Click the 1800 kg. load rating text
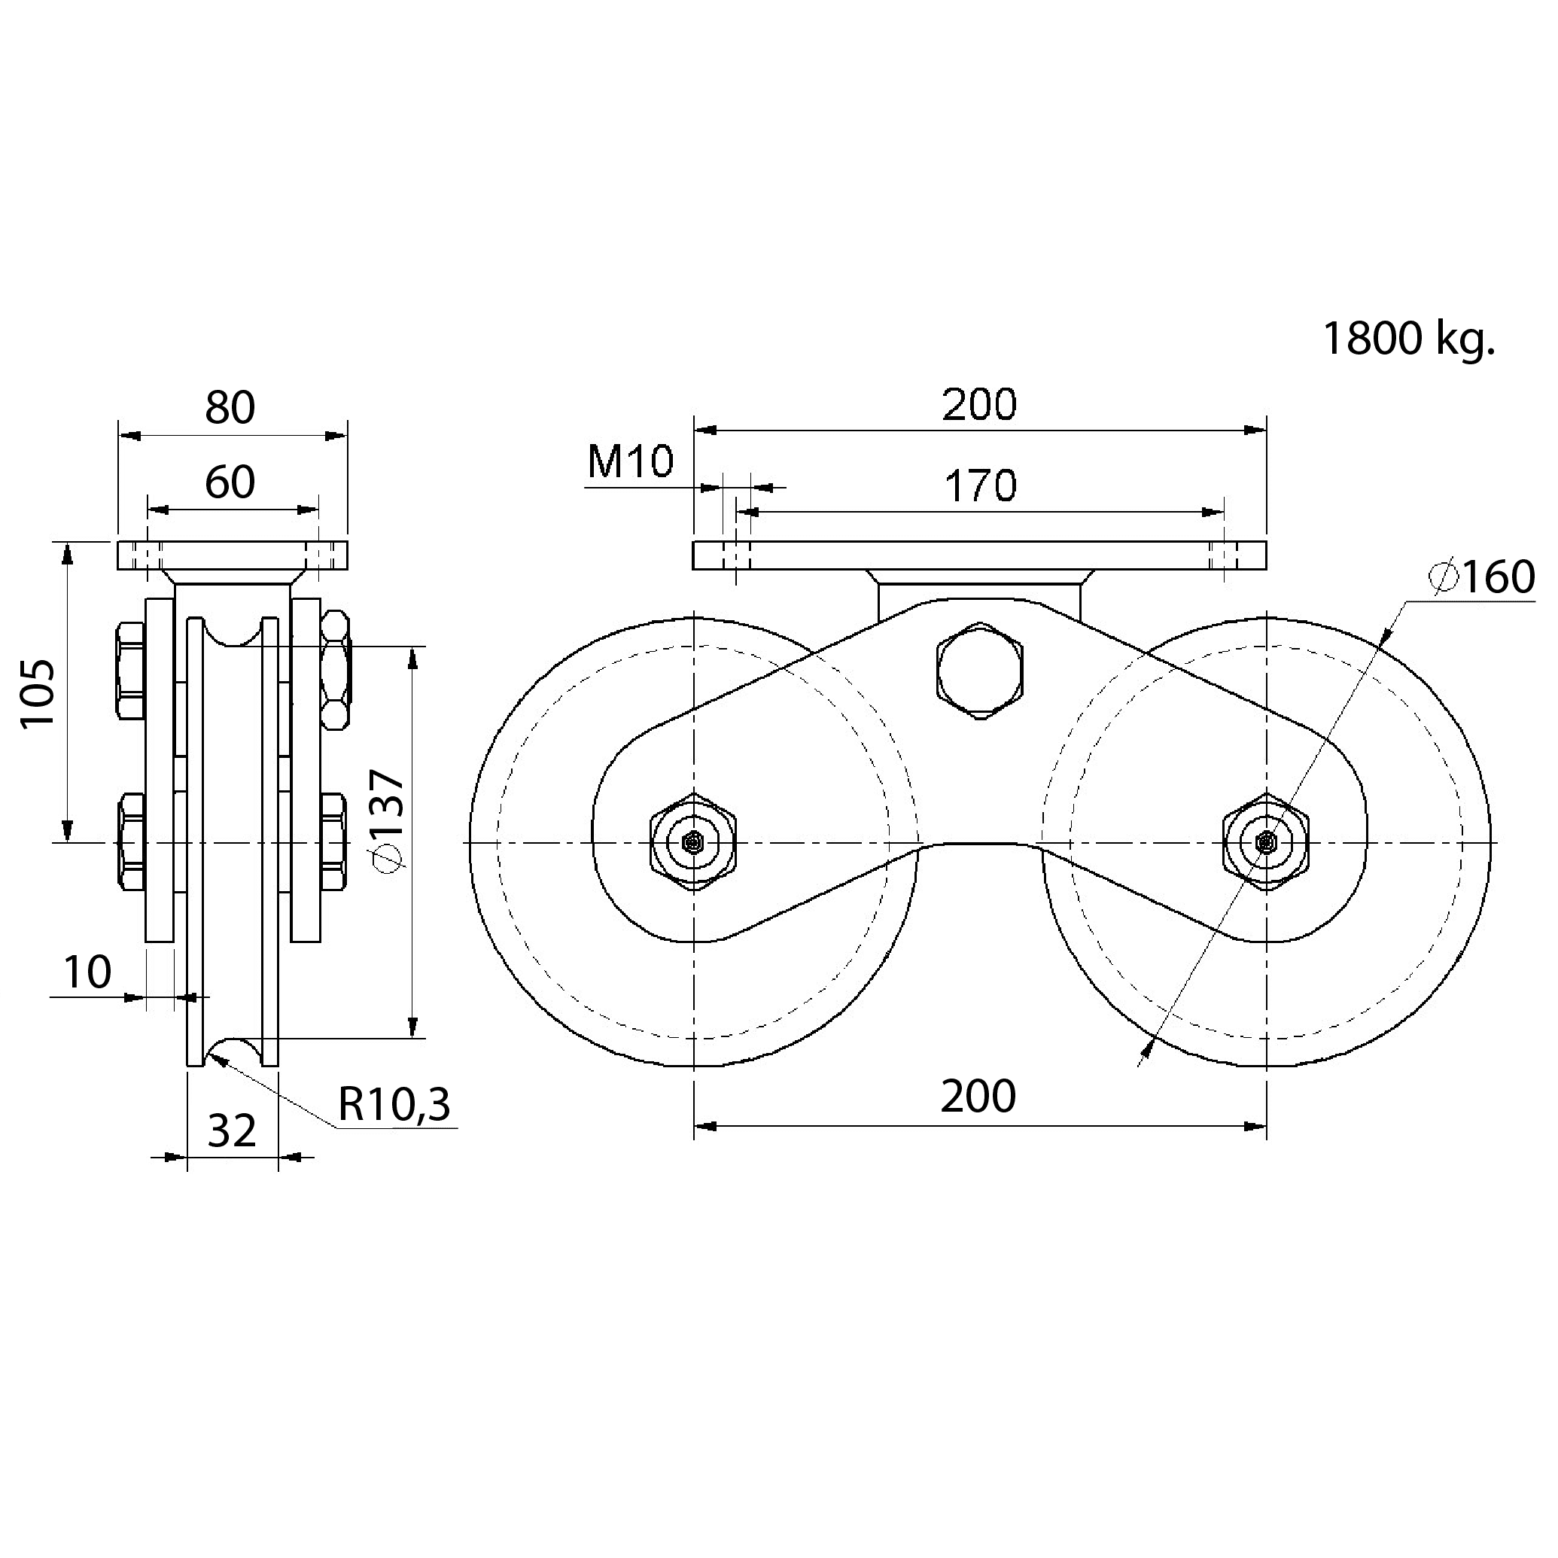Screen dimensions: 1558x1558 tap(1408, 339)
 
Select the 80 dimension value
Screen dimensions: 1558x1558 tap(230, 408)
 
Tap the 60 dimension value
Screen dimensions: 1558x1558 tap(230, 482)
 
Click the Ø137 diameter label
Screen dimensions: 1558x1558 tap(385, 823)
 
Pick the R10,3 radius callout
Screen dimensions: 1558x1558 tap(394, 1105)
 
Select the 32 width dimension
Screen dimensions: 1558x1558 tap(233, 1130)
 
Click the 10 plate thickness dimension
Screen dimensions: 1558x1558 tap(87, 972)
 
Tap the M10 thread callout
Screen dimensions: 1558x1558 tap(630, 462)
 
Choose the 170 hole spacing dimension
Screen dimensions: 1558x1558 tap(981, 486)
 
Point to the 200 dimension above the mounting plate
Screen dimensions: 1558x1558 tap(980, 405)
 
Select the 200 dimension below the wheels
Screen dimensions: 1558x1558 tap(978, 1097)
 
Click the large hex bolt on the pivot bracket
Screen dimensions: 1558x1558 tap(980, 670)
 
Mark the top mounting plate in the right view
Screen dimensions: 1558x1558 tap(980, 555)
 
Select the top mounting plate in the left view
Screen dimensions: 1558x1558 tap(233, 555)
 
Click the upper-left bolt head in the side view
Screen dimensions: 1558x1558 tap(131, 669)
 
